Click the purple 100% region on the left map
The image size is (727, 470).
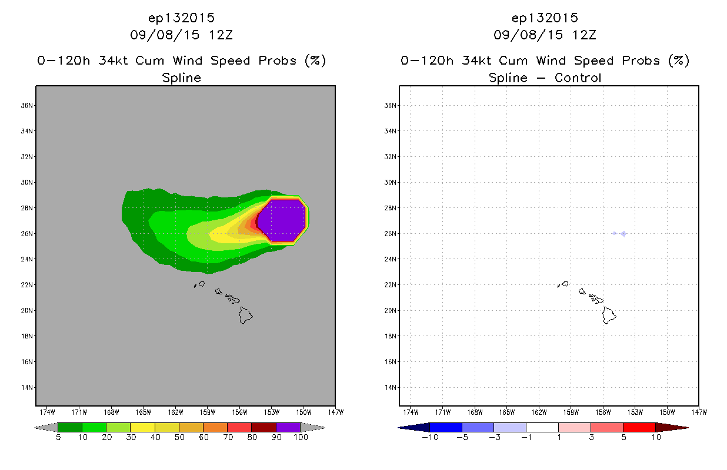282,221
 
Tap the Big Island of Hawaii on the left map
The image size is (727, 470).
246,315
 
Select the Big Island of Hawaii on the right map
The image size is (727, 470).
609,315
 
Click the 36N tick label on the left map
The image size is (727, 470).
27,105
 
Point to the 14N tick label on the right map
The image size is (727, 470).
391,387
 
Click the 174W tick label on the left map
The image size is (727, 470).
48,412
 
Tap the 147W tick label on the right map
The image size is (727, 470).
699,412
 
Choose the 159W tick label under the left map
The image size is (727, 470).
208,412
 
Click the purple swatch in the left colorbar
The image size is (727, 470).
288,427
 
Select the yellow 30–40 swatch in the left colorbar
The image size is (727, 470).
142,427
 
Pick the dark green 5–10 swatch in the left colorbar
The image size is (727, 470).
70,427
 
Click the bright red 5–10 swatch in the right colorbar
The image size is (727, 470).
639,427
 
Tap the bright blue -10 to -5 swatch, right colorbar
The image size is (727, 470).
446,427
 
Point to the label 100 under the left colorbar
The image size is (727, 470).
301,437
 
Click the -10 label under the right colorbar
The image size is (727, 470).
430,437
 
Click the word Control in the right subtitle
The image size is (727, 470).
578,78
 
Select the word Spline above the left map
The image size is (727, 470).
182,78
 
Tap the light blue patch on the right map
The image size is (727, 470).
620,233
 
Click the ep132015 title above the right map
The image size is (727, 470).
545,18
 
